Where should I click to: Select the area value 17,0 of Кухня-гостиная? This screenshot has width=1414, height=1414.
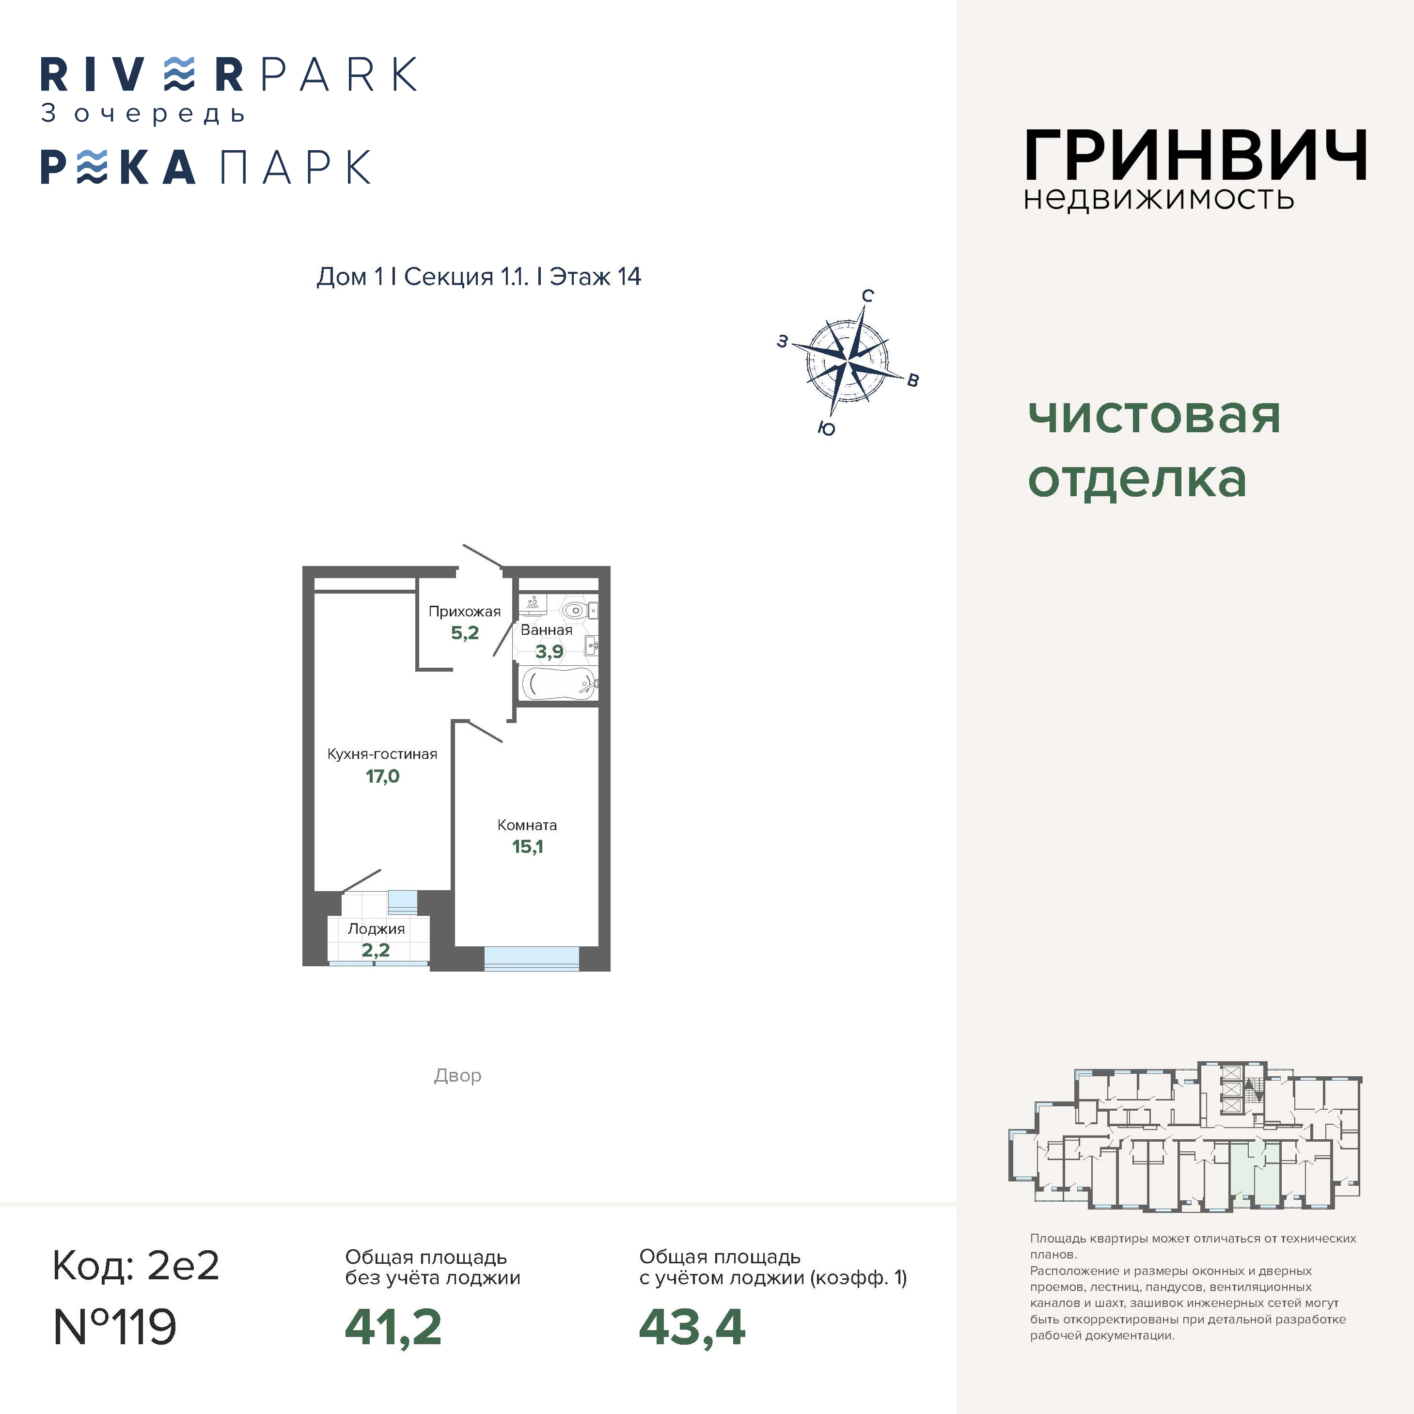(x=383, y=776)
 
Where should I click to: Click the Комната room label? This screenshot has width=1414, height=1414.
(x=527, y=825)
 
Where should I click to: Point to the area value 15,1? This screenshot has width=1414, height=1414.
(x=527, y=847)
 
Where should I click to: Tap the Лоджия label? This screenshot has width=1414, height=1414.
(x=376, y=929)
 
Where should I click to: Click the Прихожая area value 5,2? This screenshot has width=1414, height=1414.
(x=465, y=633)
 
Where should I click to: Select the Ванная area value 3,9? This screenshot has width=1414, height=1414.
(x=549, y=651)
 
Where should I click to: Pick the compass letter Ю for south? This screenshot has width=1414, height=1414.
(x=826, y=429)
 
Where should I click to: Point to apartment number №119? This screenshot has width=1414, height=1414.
(x=115, y=1326)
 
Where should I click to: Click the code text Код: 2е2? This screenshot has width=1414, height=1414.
(x=136, y=1265)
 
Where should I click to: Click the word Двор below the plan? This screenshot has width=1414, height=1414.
(x=457, y=1075)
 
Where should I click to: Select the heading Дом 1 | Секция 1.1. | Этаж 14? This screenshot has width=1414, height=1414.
(x=479, y=277)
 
